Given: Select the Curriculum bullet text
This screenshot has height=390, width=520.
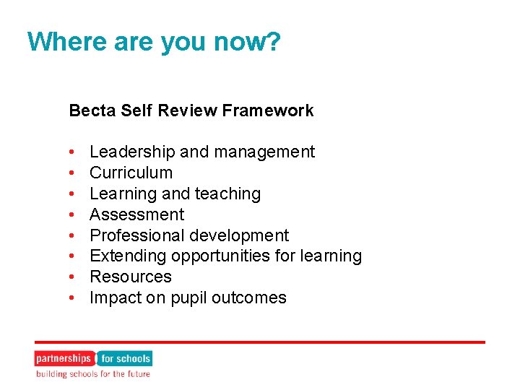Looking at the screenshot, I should click(x=131, y=173).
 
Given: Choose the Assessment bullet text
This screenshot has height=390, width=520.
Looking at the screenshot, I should click(x=136, y=214).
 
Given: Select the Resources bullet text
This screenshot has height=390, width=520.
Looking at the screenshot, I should click(x=130, y=277).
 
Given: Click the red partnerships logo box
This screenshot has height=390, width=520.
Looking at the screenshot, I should click(x=64, y=358).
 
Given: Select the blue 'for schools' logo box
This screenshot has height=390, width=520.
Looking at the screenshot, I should click(x=125, y=358).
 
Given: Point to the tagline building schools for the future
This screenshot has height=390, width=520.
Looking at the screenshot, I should click(x=94, y=374).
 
